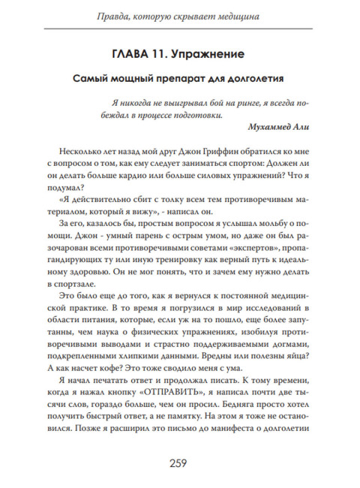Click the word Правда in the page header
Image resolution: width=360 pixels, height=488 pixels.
pos(114,14)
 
